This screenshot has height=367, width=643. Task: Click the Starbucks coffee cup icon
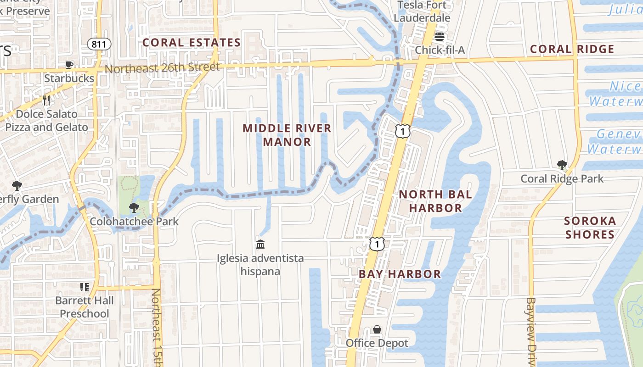pos(69,65)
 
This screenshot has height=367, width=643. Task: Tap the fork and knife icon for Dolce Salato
pos(46,100)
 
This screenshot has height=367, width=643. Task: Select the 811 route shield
pos(99,44)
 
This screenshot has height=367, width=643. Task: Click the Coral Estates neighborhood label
pos(192,43)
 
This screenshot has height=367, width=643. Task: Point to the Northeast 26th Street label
pos(162,68)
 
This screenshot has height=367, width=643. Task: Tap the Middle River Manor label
pos(287,135)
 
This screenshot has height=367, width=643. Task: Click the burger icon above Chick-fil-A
pos(440,37)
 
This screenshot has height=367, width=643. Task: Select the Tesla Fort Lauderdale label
pos(422,12)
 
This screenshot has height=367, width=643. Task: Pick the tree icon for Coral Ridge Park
pos(562,165)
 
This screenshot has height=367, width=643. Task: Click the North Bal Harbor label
pos(435,201)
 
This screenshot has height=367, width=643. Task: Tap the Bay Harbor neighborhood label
pos(400,274)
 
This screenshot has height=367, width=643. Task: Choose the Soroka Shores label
pos(590,228)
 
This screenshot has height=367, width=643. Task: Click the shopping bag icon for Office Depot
pos(377,329)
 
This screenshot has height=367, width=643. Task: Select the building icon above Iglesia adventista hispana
pos(260,244)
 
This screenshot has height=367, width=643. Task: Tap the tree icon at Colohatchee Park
pos(134,208)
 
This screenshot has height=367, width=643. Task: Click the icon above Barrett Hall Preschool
pos(85,287)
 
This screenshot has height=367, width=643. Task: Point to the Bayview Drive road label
pos(531,330)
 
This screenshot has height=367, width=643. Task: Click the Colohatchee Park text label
pos(134,222)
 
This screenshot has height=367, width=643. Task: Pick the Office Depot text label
pos(377,343)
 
